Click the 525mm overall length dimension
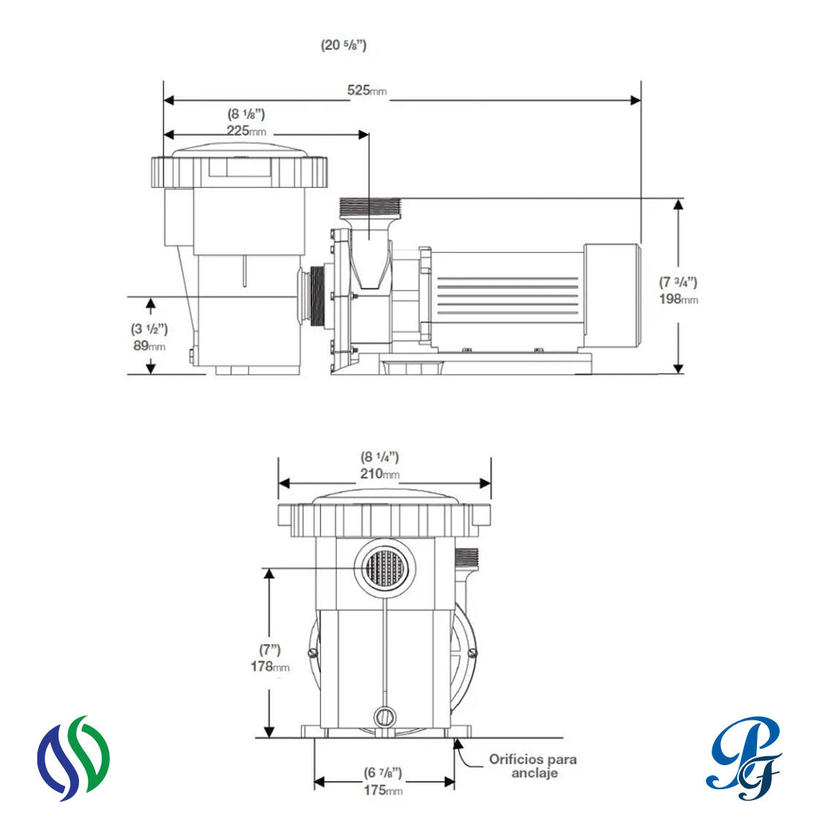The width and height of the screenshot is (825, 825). point(366,91)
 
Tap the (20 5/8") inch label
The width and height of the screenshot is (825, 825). point(344,45)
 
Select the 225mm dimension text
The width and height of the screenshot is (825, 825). point(246,130)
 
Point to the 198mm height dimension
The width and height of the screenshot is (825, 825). point(679,299)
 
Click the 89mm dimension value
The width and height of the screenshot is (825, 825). point(149,346)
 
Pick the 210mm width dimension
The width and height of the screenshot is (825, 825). point(380,474)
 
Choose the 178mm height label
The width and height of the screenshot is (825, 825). point(270,666)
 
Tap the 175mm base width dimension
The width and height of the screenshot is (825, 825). point(383,791)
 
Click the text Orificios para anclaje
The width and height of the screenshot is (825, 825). point(533,766)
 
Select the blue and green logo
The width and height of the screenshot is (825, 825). point(73,758)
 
